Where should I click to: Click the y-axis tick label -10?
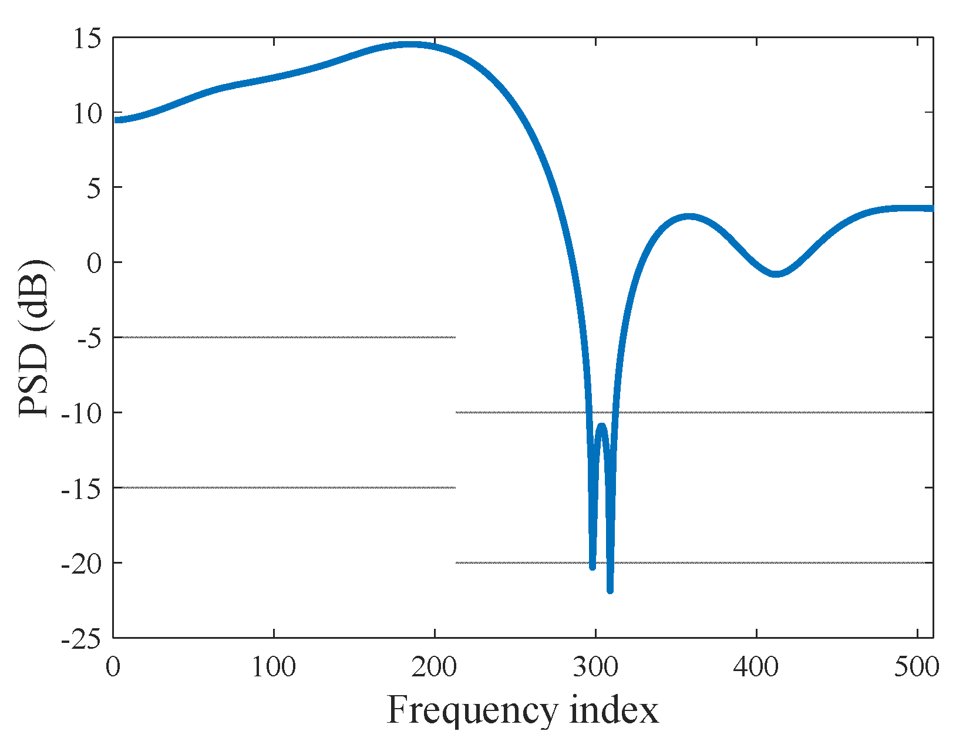(x=82, y=415)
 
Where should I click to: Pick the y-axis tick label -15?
(x=82, y=490)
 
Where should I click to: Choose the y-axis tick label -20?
(x=82, y=565)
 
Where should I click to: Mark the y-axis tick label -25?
(x=82, y=640)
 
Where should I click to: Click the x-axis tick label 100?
(x=274, y=668)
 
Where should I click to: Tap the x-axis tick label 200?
(x=435, y=668)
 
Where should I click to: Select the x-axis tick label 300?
(x=595, y=668)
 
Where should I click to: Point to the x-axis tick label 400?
(x=756, y=668)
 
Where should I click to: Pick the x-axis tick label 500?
(x=917, y=668)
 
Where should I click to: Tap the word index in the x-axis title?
(x=614, y=710)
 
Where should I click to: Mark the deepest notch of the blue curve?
(x=610, y=589)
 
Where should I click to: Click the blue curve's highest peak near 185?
(x=409, y=45)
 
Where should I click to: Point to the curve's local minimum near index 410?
(x=776, y=274)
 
